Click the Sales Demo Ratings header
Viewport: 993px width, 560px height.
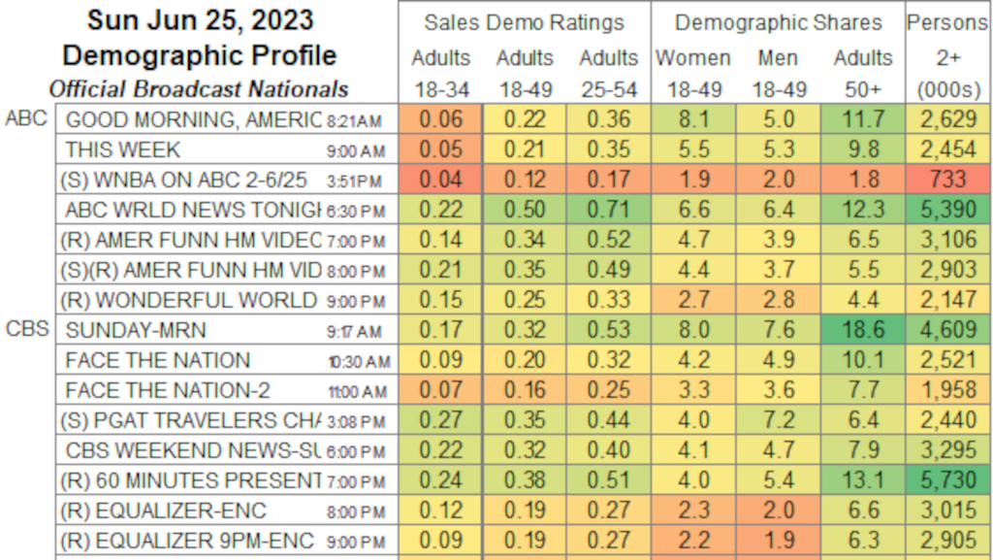click(x=524, y=21)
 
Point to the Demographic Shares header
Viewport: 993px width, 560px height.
click(x=779, y=21)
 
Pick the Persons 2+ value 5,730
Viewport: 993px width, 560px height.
click(x=946, y=480)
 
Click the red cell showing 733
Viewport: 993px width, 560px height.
click(x=946, y=180)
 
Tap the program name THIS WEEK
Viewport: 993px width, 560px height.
click(x=123, y=149)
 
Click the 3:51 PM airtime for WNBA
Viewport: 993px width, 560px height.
click(x=357, y=181)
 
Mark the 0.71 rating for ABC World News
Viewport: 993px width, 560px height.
click(x=609, y=210)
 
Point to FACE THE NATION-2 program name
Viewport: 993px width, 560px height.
click(x=167, y=390)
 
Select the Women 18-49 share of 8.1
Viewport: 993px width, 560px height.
click(x=693, y=119)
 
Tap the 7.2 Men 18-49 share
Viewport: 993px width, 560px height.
click(x=778, y=420)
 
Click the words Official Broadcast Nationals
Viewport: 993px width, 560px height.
click(x=199, y=88)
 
